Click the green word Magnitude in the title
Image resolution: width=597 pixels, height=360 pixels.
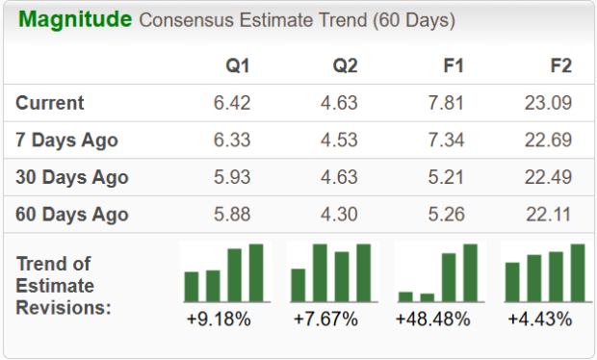[75, 20]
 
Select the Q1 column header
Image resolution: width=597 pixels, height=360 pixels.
[238, 66]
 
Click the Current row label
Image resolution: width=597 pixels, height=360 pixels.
[50, 103]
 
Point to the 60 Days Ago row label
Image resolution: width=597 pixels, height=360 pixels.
[72, 214]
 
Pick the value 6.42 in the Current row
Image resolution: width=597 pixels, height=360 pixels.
[232, 103]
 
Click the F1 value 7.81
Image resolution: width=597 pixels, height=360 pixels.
[447, 103]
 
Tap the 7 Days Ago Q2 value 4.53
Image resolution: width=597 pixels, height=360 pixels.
[339, 141]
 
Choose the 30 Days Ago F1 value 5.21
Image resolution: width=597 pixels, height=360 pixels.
[447, 177]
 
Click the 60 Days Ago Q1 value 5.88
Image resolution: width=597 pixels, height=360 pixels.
[232, 214]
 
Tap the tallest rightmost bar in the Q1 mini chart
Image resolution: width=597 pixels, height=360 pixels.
[256, 272]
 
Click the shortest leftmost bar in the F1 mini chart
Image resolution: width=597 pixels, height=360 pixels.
[405, 296]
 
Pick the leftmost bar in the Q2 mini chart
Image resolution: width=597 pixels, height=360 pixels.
[298, 285]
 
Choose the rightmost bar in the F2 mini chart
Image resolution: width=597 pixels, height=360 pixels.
[578, 272]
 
